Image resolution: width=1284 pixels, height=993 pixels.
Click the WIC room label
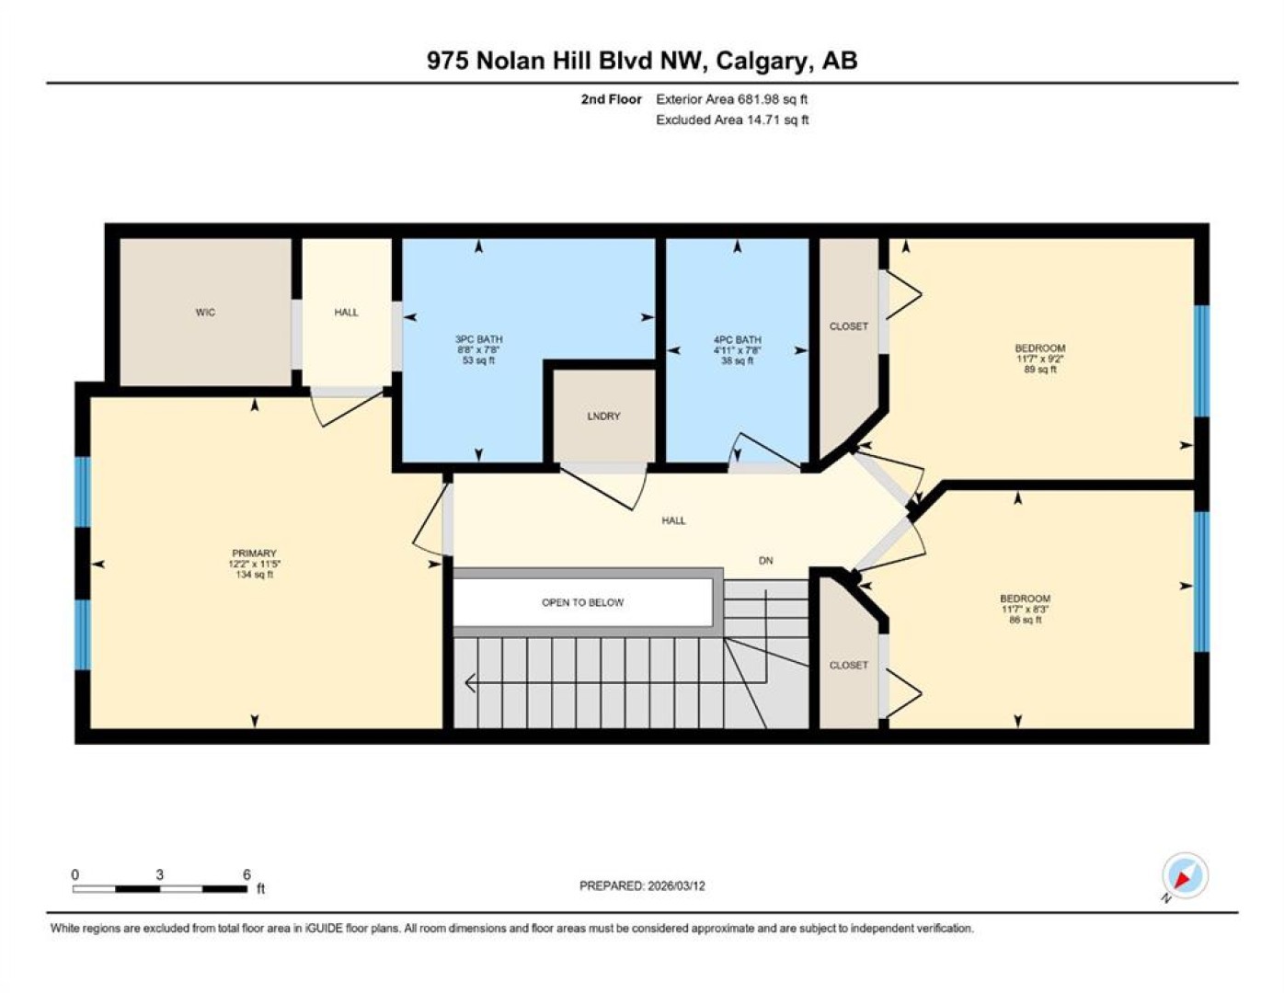(205, 312)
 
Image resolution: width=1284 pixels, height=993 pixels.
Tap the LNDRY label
(603, 416)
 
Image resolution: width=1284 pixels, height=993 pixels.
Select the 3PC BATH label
(478, 339)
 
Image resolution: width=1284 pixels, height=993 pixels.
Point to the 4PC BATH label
(737, 339)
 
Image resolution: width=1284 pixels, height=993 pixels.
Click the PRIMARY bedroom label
(254, 553)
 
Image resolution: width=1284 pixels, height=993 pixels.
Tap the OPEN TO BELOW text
(582, 602)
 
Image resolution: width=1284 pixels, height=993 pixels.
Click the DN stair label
(766, 561)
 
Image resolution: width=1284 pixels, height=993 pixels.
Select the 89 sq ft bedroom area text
(1040, 370)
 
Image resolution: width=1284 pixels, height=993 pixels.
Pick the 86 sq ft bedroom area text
(1026, 620)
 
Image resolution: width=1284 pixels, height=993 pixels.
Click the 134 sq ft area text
(254, 574)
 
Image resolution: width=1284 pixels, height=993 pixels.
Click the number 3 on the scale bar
(159, 875)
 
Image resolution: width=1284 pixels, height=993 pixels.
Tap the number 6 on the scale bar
(246, 875)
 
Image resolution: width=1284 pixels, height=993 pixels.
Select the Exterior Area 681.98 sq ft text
(731, 99)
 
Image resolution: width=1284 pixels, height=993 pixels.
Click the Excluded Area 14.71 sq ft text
(732, 120)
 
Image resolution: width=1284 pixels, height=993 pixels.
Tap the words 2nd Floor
(611, 99)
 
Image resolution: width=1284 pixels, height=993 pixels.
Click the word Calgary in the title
(761, 62)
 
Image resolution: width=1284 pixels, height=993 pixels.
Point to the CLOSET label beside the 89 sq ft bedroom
(849, 326)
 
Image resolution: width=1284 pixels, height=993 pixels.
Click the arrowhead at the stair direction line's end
(470, 683)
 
